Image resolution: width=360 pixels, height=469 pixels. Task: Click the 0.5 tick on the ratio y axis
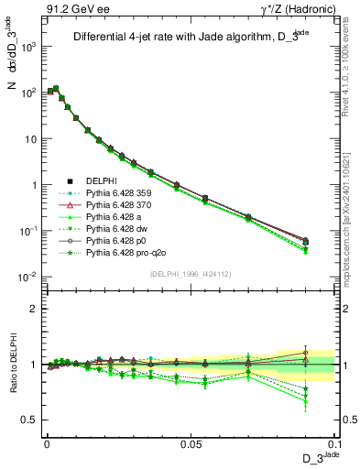[x=29, y=420]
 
